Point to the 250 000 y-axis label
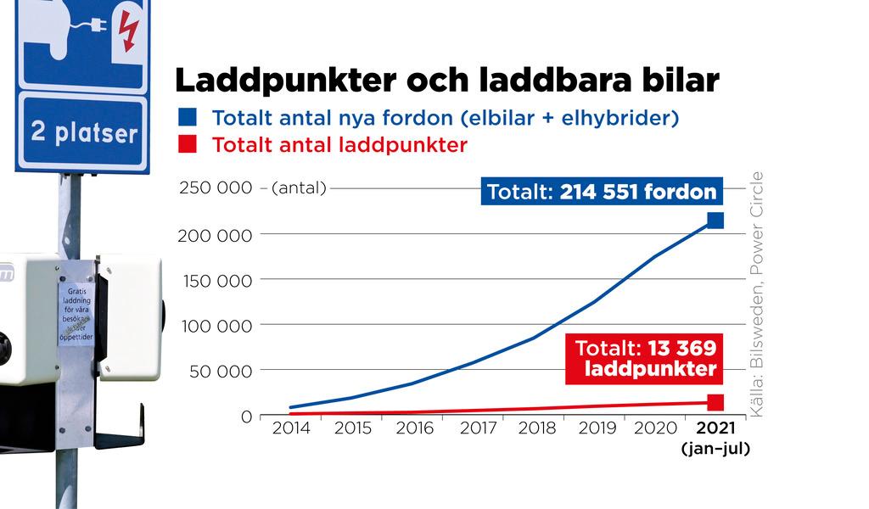(215, 187)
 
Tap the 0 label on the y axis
(246, 417)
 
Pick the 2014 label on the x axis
(291, 428)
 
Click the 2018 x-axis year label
(537, 428)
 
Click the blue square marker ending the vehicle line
(715, 221)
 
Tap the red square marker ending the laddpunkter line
(715, 402)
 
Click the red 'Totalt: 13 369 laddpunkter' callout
(645, 359)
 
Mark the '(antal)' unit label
(299, 188)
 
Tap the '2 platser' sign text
(83, 133)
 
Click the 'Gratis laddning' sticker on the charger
(76, 314)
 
